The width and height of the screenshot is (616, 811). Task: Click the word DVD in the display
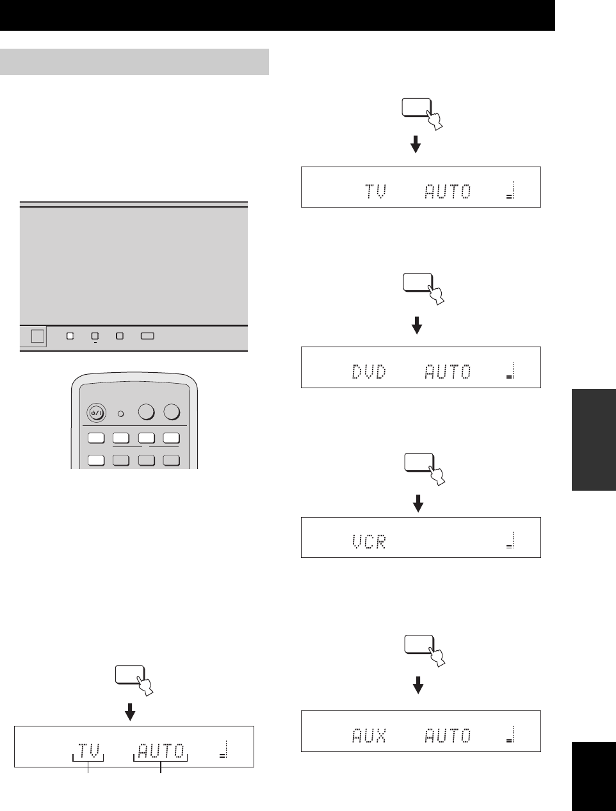tap(369, 372)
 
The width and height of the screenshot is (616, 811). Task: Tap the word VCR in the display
tap(369, 542)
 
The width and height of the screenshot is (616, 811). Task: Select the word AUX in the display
tap(369, 736)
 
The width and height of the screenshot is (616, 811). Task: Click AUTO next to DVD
tap(448, 372)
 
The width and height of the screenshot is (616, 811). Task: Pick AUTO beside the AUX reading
tap(448, 736)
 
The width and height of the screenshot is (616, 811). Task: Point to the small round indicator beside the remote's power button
tap(120, 413)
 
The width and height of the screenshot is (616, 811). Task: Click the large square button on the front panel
tap(37, 336)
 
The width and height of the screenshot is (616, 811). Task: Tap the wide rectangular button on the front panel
tap(147, 336)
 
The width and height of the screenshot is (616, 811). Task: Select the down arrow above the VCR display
tap(418, 504)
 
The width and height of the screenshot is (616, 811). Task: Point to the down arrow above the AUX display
tap(418, 686)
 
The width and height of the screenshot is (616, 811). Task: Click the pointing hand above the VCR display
tap(437, 475)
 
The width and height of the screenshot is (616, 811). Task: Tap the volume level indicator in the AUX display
tap(511, 735)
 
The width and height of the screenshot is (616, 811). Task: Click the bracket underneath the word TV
tap(88, 759)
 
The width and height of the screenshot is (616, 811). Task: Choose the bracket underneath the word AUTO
tap(160, 759)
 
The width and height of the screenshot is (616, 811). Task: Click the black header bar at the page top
tap(277, 15)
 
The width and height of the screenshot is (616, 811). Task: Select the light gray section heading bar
tap(134, 61)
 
